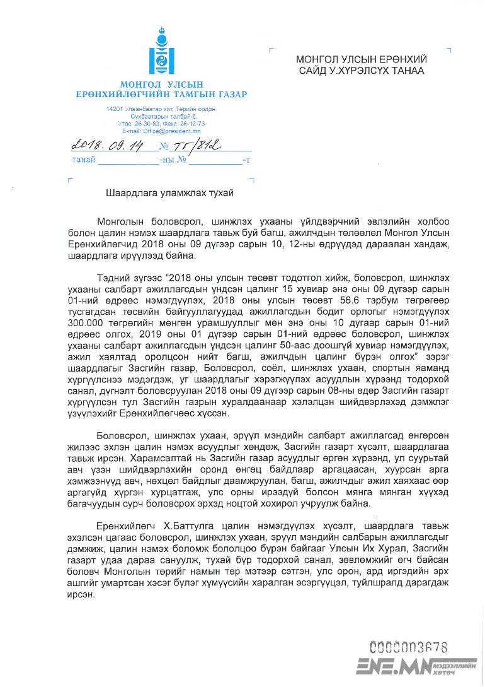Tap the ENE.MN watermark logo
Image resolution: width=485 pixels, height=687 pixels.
pyautogui.click(x=416, y=666)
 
